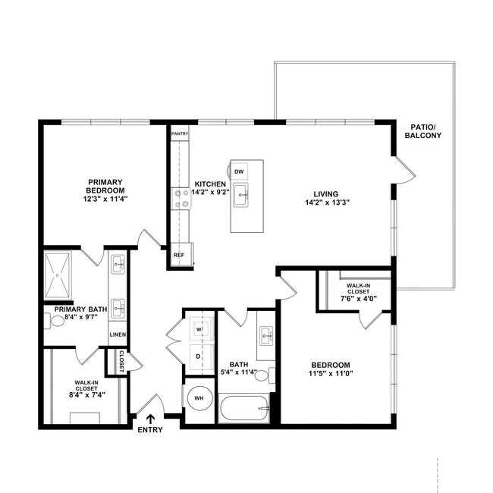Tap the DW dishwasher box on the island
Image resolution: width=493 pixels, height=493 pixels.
coord(239,171)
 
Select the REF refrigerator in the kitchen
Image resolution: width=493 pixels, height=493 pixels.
coord(179,255)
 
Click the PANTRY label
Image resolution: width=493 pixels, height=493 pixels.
coord(179,133)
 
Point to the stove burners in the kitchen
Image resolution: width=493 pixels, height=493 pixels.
coord(182,199)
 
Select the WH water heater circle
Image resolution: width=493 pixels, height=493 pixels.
coord(200,397)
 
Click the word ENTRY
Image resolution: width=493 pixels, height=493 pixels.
coord(151,430)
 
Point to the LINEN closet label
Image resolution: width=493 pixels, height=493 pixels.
coord(118,334)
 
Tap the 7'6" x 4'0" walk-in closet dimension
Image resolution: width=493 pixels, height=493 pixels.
coord(360,299)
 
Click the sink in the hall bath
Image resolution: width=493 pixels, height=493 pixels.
coord(265,334)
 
